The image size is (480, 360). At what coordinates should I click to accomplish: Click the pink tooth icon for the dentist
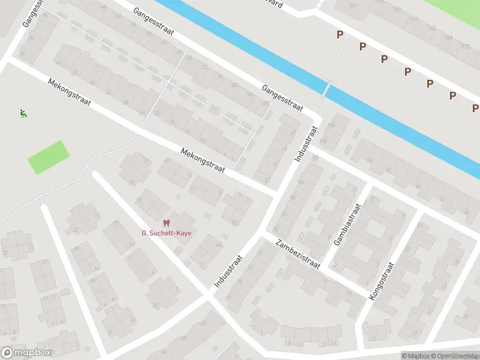166,223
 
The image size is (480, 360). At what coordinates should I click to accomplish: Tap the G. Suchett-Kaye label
166,233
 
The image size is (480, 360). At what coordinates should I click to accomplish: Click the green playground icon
23,113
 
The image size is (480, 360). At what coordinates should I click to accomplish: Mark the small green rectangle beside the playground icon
49,157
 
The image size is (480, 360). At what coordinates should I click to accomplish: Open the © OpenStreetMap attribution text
455,356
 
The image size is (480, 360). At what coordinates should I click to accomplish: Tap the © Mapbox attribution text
415,356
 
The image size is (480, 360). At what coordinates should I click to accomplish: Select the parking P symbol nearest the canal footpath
340,35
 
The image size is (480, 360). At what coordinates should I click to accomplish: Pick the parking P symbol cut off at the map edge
475,108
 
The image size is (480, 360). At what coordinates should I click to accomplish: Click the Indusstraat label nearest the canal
305,143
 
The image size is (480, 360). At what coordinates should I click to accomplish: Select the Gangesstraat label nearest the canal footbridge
281,97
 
